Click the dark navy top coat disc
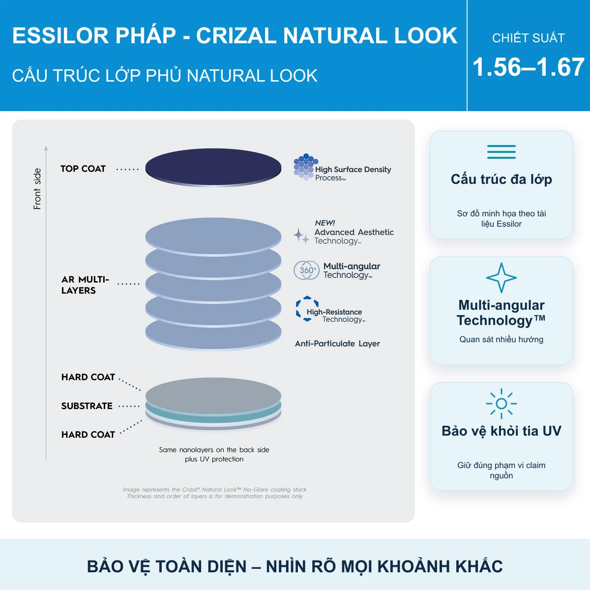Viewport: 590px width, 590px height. [x=213, y=167]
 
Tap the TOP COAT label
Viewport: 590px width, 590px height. [x=83, y=169]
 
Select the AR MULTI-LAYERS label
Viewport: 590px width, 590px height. [x=85, y=285]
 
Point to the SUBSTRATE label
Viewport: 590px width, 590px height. [x=87, y=406]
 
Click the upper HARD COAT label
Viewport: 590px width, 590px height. [x=88, y=377]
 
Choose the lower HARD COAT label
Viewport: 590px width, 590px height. [x=88, y=435]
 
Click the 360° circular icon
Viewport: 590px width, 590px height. [x=306, y=270]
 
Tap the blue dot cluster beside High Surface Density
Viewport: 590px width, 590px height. [x=305, y=167]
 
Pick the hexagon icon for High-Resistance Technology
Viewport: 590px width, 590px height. [x=307, y=309]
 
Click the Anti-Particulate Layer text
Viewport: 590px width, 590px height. [x=337, y=344]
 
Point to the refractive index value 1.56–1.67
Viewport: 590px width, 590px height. [x=529, y=67]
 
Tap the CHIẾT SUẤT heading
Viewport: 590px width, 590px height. [x=528, y=38]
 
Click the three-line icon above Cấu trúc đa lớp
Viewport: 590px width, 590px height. [x=501, y=152]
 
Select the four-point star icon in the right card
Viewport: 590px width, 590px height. [x=501, y=278]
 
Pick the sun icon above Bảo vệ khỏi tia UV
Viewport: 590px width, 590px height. [x=501, y=404]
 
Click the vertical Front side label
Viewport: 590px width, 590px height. [x=37, y=189]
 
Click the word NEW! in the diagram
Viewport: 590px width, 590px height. [x=324, y=223]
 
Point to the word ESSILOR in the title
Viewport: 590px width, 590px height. [x=60, y=35]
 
